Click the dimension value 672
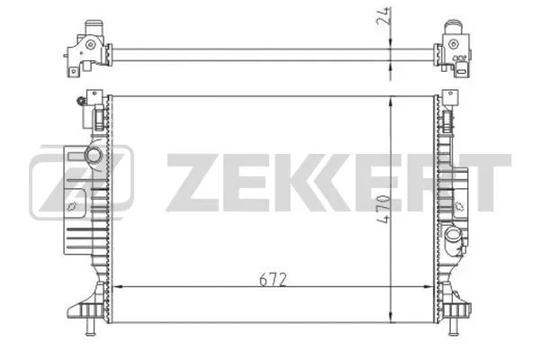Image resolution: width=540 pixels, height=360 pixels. point(275,279)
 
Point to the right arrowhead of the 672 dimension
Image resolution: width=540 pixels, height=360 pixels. point(435,287)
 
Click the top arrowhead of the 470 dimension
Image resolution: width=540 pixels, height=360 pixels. point(389,97)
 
